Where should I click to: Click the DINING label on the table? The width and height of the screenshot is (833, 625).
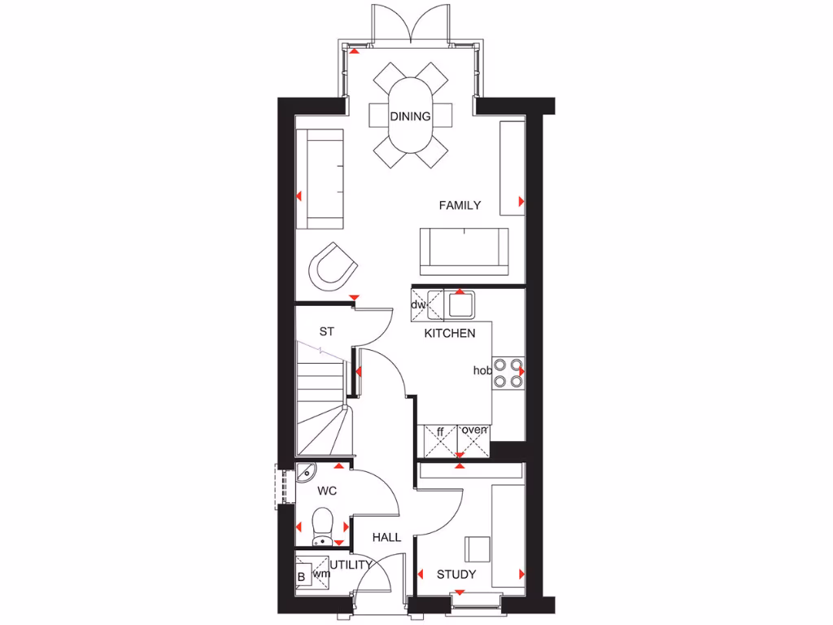[x=410, y=116]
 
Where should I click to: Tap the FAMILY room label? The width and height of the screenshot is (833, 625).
[x=460, y=206]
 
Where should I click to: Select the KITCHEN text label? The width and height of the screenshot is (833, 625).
[x=449, y=334]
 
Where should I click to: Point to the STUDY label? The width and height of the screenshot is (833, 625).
[x=456, y=575]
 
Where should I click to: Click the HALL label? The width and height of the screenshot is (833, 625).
[x=386, y=537]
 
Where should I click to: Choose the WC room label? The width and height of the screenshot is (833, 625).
[x=327, y=492]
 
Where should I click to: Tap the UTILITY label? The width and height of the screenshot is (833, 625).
[x=351, y=564]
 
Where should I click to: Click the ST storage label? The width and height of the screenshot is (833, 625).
[x=326, y=331]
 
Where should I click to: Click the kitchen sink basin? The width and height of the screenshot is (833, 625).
[x=461, y=305]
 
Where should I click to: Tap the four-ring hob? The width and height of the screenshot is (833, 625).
[x=508, y=371]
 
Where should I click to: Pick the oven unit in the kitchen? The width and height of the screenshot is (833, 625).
[x=474, y=439]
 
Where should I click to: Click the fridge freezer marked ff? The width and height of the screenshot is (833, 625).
[x=440, y=439]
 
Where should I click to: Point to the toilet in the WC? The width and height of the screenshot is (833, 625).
[x=322, y=525]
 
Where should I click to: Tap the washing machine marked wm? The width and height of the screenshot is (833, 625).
[x=322, y=574]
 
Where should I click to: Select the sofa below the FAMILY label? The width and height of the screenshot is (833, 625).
[x=464, y=251]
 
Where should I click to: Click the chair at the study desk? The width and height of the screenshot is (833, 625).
[x=478, y=549]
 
